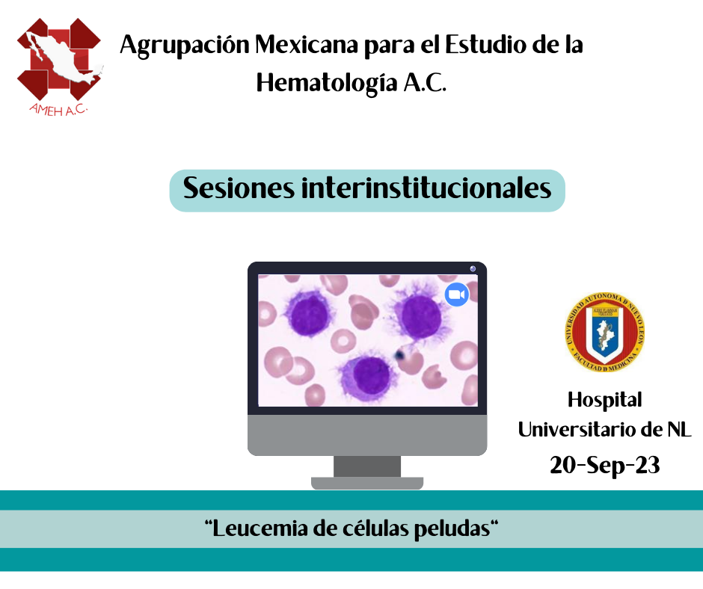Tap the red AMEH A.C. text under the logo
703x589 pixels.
(x=58, y=109)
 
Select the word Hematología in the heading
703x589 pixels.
(x=327, y=83)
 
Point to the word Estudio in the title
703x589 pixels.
(x=485, y=44)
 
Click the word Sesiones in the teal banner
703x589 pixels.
(x=239, y=188)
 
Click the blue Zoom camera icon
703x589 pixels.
(x=456, y=294)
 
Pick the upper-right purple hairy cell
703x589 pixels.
(x=420, y=316)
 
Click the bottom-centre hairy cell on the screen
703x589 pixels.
(x=369, y=376)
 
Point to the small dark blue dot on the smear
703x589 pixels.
(x=399, y=356)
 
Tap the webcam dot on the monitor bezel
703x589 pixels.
(x=473, y=268)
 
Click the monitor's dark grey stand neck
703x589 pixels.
(x=367, y=466)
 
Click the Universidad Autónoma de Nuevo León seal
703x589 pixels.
(x=604, y=333)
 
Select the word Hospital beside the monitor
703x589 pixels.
(x=604, y=401)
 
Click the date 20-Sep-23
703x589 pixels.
(x=604, y=465)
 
